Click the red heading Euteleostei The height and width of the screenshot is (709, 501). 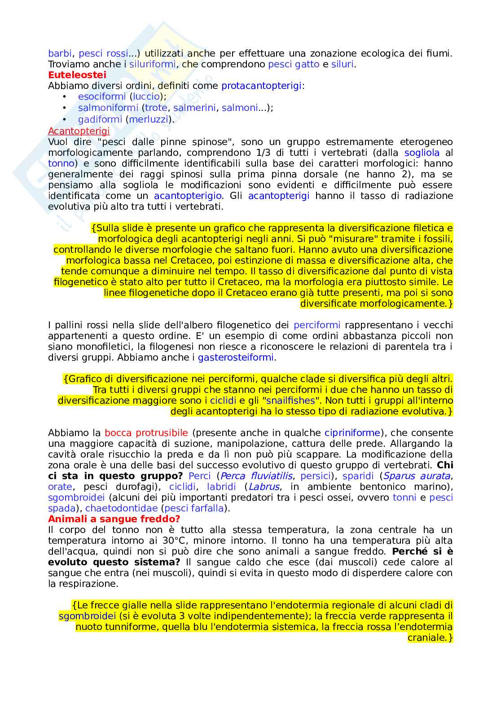77,75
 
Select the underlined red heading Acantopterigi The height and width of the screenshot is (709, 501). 79,131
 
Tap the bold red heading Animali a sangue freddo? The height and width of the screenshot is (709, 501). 114,519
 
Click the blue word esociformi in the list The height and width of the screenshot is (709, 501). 102,97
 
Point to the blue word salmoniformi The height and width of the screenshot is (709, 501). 108,108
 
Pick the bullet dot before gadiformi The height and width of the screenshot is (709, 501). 65,119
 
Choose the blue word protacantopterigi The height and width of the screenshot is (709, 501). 261,86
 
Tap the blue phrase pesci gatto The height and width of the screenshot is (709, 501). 294,64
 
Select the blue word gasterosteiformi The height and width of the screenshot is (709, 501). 236,357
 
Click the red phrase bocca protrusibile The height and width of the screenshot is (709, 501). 146,433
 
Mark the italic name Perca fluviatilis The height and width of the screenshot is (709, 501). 256,476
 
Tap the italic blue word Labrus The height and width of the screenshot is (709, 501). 264,487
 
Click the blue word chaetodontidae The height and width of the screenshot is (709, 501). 122,508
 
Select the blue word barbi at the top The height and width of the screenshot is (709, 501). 60,53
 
